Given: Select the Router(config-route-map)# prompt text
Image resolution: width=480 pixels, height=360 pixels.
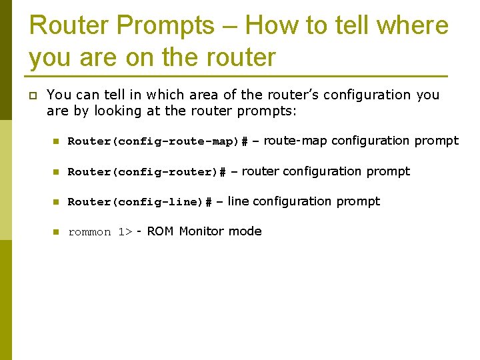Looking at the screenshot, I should point(158,141).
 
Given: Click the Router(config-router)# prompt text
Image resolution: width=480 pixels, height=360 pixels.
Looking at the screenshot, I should point(147,172).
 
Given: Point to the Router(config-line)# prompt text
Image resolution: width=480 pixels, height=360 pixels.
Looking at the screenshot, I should point(140,202).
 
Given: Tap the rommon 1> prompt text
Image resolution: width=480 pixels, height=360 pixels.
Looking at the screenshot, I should point(100,233).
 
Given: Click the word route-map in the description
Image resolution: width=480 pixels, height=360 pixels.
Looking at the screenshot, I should point(295,141).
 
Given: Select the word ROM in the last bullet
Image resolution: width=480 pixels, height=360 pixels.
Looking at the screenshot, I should point(160,231).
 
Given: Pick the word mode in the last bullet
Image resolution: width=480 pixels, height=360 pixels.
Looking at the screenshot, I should point(245,231).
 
